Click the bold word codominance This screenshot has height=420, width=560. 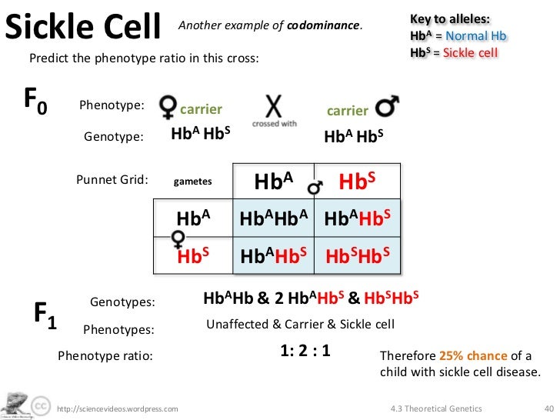coord(323,25)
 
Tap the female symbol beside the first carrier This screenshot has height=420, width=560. coord(167,108)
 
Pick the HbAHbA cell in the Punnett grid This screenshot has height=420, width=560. coord(274,219)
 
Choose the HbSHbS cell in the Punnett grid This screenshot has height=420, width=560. coord(358,255)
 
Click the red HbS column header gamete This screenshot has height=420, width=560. coord(357,182)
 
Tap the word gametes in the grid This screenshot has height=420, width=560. coord(192,182)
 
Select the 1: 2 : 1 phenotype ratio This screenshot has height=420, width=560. coord(305,351)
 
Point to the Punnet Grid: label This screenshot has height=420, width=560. coord(112,180)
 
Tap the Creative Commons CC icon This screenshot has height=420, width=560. coord(41,405)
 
